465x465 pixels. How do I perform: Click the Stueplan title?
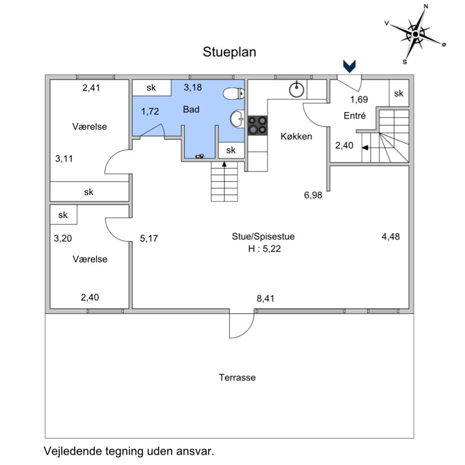click(230, 52)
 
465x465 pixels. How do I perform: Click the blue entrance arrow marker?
click(350, 66)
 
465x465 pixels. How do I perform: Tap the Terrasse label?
click(237, 377)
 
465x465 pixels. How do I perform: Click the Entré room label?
click(355, 116)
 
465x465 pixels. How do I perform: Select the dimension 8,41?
click(265, 298)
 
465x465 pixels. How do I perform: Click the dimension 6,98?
click(313, 195)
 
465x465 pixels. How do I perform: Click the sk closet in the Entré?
click(399, 94)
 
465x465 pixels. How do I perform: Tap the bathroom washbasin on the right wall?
click(237, 119)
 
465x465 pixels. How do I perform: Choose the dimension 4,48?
click(391, 237)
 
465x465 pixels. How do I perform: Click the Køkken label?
click(296, 137)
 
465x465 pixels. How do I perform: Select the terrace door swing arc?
click(241, 326)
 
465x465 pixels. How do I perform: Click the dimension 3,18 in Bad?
click(193, 88)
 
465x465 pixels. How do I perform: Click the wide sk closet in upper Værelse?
click(89, 191)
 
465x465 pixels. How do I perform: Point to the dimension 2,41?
click(91, 88)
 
